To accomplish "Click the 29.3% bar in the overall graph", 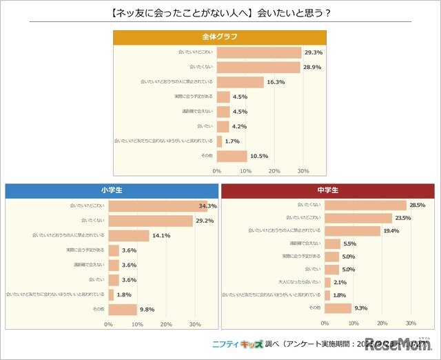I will [259, 52].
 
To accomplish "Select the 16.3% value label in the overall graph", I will [276, 82].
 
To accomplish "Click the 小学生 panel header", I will [110, 190].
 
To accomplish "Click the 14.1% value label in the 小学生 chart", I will [161, 236].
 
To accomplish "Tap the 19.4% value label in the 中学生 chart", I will [392, 231].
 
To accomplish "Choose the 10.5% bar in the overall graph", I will [232, 156].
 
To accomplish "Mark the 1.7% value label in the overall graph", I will [233, 141].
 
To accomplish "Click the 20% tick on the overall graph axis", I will [274, 170].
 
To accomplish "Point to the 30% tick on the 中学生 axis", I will [411, 323].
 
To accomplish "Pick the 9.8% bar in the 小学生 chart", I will [123, 309].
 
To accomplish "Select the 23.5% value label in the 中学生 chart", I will [404, 218].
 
